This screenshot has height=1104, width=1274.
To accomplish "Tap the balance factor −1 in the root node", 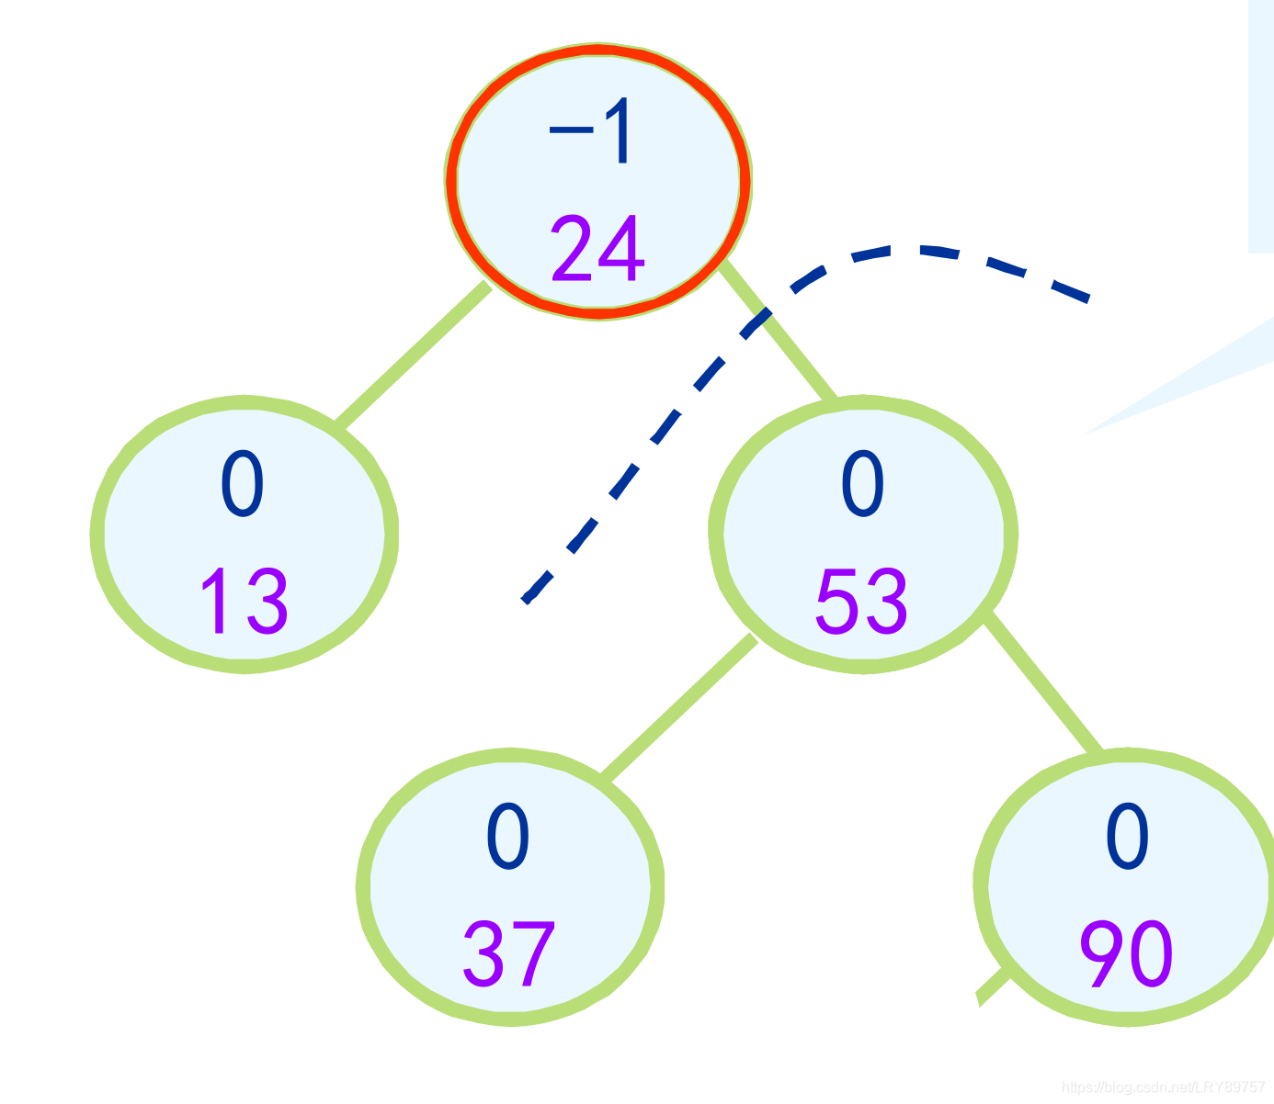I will (591, 133).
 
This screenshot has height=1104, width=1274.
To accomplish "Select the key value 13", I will (244, 602).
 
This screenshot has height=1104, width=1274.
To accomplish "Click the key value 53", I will (862, 602).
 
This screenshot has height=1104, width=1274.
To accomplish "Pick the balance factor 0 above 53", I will (863, 484).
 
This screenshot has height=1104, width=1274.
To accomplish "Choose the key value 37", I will (508, 954).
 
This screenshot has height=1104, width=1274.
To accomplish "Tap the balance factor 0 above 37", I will (508, 837).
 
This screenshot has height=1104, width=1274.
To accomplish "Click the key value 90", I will (1127, 954).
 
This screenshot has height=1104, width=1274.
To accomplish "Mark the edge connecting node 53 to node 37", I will (678, 707).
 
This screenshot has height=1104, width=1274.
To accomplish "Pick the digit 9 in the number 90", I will (1103, 954).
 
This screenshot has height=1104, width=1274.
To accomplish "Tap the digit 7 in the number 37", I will (533, 954).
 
